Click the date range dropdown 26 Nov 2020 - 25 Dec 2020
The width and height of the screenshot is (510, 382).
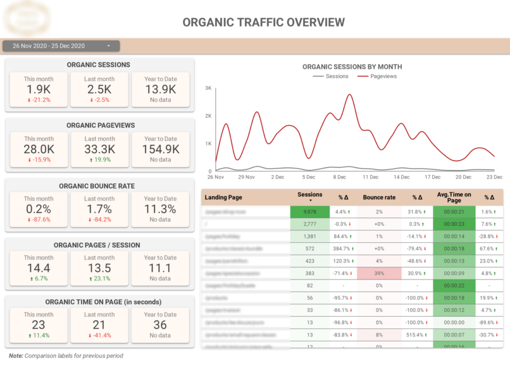click(61, 46)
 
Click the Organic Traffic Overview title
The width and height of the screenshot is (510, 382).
click(263, 22)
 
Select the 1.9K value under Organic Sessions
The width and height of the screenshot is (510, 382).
click(38, 90)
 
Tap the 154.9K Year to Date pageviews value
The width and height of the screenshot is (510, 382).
click(160, 149)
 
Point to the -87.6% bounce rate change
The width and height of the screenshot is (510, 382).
click(38, 219)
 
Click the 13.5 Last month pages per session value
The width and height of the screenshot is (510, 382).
click(99, 268)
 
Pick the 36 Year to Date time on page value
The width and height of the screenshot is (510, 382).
click(160, 325)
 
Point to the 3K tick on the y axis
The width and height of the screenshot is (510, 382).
click(208, 88)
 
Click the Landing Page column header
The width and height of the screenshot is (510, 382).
click(223, 197)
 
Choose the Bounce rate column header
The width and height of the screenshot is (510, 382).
click(379, 197)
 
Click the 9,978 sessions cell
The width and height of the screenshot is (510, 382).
click(309, 212)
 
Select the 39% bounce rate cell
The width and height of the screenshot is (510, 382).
click(379, 273)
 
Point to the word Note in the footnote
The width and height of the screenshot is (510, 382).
click(16, 356)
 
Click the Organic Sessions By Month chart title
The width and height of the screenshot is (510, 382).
click(352, 67)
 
